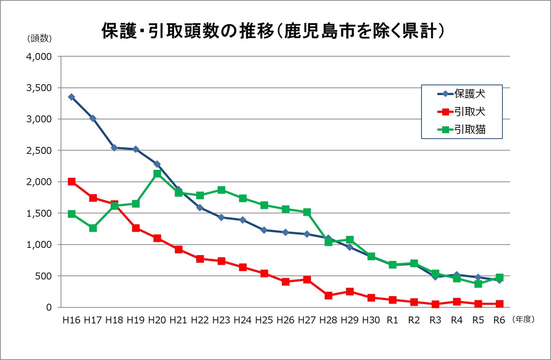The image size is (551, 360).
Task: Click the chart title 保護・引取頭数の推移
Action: click(x=273, y=31)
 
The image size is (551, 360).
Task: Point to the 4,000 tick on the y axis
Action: click(x=39, y=57)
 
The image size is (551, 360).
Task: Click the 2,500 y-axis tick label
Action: click(x=39, y=151)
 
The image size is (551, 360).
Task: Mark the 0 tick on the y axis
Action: click(x=49, y=307)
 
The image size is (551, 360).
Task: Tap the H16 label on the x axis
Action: click(x=71, y=320)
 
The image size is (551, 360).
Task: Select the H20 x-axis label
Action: click(x=157, y=320)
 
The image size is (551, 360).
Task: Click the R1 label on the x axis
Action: click(x=392, y=320)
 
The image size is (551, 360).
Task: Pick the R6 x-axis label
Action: click(x=499, y=320)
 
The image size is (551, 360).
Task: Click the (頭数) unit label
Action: click(x=39, y=38)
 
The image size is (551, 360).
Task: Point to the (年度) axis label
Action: click(x=524, y=319)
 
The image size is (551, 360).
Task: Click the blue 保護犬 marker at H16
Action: click(x=72, y=97)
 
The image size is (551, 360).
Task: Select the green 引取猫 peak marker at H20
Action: click(x=157, y=174)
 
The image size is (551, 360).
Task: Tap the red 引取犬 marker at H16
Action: click(x=72, y=182)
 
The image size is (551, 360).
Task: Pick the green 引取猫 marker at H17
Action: click(x=93, y=228)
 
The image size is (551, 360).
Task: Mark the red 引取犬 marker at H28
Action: click(x=328, y=295)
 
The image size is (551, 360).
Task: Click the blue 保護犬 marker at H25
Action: click(x=264, y=230)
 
